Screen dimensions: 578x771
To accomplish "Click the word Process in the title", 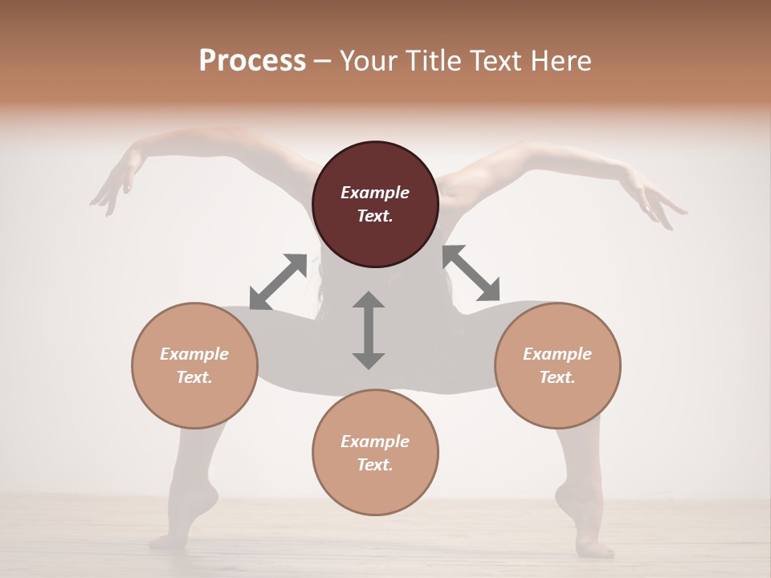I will coord(252,61).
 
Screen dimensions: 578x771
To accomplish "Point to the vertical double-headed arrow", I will coord(369,330).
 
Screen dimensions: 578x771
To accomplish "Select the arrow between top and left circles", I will coord(278,282).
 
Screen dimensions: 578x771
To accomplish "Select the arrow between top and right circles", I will coord(471,273).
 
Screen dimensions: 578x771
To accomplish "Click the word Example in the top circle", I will coord(375,193).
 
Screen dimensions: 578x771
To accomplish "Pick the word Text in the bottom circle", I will coord(375,465).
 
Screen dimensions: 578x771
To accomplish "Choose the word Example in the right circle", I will coord(557,354).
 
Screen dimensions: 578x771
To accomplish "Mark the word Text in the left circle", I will coord(194,377).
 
